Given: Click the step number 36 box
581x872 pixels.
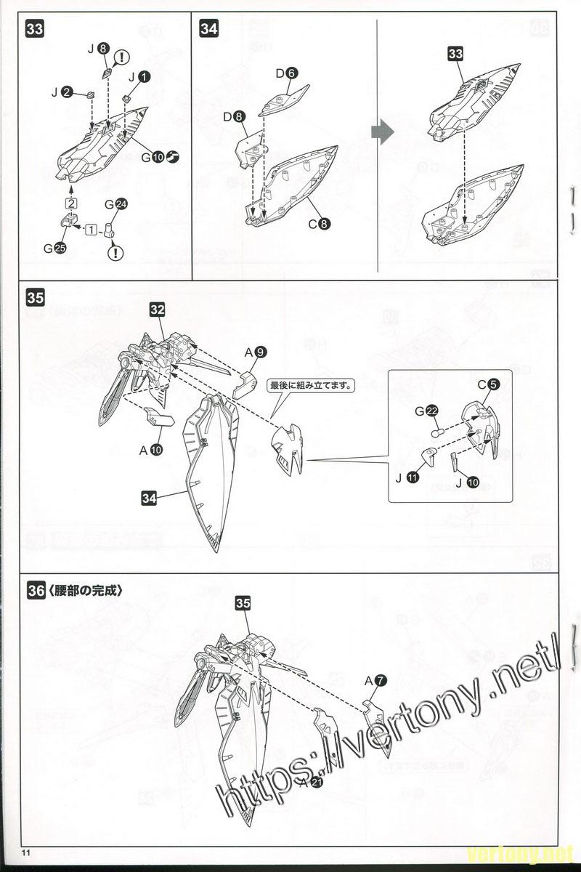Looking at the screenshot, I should (x=36, y=591).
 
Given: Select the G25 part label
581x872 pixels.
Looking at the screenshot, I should (x=54, y=248).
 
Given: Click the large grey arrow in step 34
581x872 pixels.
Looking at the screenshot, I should (x=382, y=131).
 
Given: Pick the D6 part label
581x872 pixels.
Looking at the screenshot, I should (x=285, y=73).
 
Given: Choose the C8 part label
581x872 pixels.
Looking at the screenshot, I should (x=319, y=224).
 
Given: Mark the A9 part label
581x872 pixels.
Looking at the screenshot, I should (x=255, y=352).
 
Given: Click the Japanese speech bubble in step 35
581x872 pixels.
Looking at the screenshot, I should (x=311, y=387).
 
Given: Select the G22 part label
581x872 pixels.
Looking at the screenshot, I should (x=427, y=412).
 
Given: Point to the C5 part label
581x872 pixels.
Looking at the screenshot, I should (x=488, y=386).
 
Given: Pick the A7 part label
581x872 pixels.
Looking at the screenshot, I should (x=375, y=680).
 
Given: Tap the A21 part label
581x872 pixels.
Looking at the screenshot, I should (x=310, y=782).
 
